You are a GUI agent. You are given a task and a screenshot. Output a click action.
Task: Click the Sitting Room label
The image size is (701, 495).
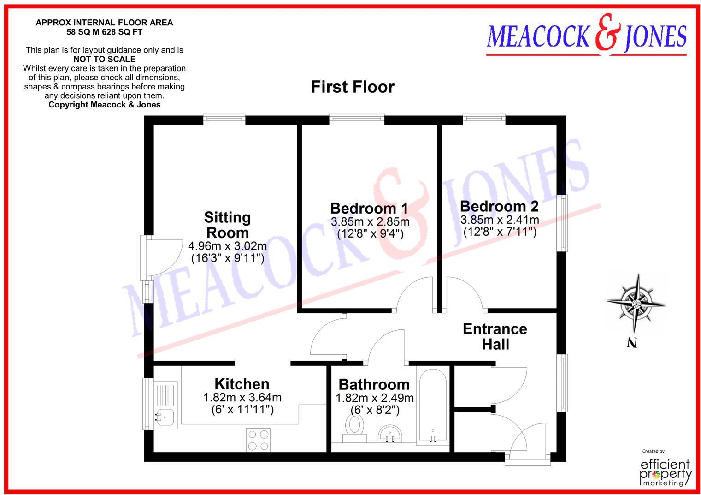point(227,225)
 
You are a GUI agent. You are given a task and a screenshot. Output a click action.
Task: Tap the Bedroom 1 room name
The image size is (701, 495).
point(369,208)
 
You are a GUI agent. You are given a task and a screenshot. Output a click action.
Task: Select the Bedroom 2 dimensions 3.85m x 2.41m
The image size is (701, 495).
point(500,220)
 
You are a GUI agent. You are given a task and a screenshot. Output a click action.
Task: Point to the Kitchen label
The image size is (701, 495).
point(242,384)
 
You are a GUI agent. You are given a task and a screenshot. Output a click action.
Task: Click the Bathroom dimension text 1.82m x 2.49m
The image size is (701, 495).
point(374,398)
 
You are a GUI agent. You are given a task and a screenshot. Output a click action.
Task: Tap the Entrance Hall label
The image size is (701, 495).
point(495,336)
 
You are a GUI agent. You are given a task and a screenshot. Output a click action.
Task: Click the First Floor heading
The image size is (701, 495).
point(353,87)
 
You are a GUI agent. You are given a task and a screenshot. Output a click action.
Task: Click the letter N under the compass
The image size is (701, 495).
point(632,343)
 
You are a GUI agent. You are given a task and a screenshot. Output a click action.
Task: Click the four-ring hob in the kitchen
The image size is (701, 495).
point(259,440)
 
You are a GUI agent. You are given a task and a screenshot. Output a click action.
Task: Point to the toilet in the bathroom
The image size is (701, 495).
point(354,427)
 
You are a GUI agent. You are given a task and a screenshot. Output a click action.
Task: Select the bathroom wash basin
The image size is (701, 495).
point(391,434)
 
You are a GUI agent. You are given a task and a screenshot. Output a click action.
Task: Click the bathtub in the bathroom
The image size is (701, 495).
point(432,406)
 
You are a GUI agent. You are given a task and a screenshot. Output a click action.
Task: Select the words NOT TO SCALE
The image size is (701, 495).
point(105,59)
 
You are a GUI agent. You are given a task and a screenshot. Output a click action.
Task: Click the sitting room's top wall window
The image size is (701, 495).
point(224,119)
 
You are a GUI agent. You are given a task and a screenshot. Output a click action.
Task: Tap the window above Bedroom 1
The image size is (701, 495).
point(357,119)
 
